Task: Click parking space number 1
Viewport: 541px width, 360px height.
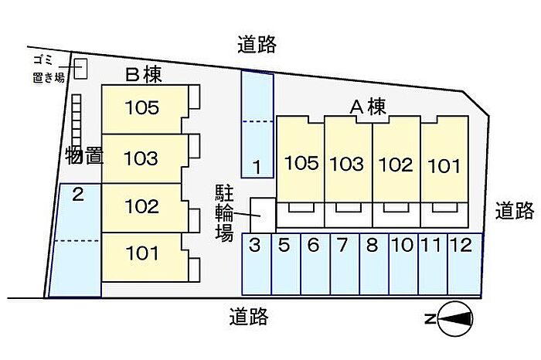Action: coord(257,124)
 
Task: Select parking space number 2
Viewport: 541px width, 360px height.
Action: coord(77,240)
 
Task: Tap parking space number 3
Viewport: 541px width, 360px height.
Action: coord(257,264)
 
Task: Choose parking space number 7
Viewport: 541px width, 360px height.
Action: coord(345,264)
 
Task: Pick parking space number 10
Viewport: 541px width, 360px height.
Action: coord(403,264)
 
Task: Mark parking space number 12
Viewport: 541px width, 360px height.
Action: coord(464,264)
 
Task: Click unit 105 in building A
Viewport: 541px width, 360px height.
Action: coord(300,159)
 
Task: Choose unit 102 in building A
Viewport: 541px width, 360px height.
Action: coord(396,159)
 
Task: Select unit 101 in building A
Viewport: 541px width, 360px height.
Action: coord(444,159)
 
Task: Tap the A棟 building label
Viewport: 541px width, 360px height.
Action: coord(368,107)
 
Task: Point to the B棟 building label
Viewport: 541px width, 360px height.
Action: coord(144,74)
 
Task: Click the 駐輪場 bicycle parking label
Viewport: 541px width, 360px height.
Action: coord(224,212)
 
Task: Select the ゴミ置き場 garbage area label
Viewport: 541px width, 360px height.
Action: coord(48,69)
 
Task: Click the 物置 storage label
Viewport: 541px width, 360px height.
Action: coord(84,155)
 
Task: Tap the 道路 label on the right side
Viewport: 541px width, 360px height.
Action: coord(515,211)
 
